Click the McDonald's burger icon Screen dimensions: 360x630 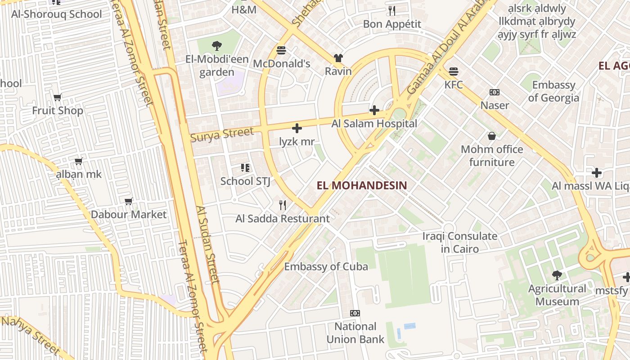(x=281, y=50)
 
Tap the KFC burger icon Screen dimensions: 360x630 (x=453, y=71)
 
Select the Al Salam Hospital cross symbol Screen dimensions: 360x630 (x=374, y=110)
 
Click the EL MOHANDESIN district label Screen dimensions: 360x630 (x=362, y=185)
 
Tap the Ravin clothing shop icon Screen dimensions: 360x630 (x=338, y=58)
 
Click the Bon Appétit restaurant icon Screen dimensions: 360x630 (x=392, y=10)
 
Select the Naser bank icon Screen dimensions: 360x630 (x=495, y=92)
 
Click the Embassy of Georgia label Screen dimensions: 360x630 (x=553, y=91)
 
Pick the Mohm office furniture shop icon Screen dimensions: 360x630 (x=492, y=136)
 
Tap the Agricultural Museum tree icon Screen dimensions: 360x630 (x=557, y=275)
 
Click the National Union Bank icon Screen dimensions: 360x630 (x=355, y=313)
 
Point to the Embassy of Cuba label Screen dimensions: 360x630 (x=326, y=266)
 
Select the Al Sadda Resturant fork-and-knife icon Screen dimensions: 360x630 (x=283, y=205)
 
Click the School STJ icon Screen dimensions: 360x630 (x=245, y=168)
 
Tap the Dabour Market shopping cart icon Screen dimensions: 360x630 (x=129, y=201)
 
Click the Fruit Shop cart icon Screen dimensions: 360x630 (x=57, y=97)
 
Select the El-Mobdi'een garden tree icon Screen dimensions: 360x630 (x=216, y=45)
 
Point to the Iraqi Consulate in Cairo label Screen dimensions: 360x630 (x=459, y=242)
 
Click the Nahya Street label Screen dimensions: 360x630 (x=30, y=335)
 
